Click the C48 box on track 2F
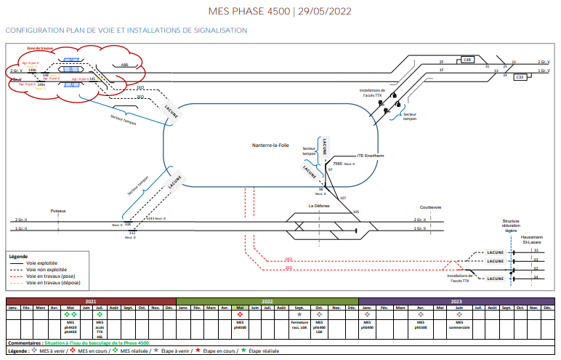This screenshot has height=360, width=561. point(467,60)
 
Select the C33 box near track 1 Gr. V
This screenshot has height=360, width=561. point(520,77)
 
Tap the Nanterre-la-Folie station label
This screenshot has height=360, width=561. point(270,145)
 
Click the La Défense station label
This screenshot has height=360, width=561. point(319,206)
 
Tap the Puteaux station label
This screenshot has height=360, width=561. point(58,210)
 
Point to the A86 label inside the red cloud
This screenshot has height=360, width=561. point(124,65)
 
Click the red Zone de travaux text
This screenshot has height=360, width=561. point(40,49)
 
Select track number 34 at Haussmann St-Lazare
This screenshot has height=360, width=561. point(536,277)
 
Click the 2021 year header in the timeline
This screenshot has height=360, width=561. point(91,300)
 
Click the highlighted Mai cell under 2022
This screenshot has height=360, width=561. point(239,308)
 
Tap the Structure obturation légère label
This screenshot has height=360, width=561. point(512,225)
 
